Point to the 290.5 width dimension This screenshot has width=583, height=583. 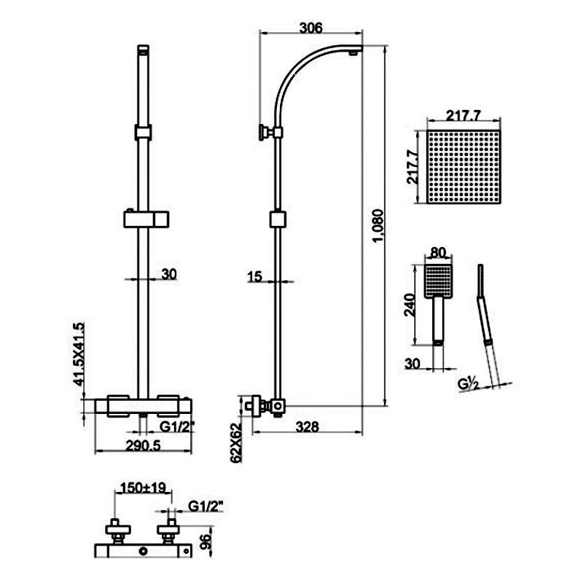142,446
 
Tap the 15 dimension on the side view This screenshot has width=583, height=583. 254,276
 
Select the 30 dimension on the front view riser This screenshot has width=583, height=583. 168,274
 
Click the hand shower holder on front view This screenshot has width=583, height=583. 149,218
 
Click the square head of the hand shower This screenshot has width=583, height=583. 437,281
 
